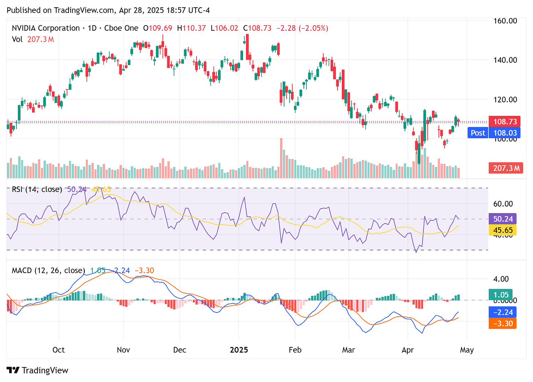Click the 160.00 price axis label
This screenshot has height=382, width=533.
(505, 21)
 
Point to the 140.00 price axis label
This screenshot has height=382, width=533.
(505, 60)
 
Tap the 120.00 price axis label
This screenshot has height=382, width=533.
(505, 99)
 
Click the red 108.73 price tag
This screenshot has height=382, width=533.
(505, 122)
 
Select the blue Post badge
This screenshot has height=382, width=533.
(478, 133)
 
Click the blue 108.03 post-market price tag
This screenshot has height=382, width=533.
(505, 133)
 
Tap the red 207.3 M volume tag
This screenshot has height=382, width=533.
(506, 168)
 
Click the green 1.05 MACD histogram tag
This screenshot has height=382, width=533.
(500, 295)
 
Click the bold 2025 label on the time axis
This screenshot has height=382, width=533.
(239, 350)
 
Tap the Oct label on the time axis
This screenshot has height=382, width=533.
(59, 350)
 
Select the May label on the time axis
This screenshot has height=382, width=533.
(467, 350)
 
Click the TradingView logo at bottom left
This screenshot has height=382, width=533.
(37, 370)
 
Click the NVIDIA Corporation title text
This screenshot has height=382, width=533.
(46, 28)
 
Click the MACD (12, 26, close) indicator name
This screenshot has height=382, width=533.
(48, 271)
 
